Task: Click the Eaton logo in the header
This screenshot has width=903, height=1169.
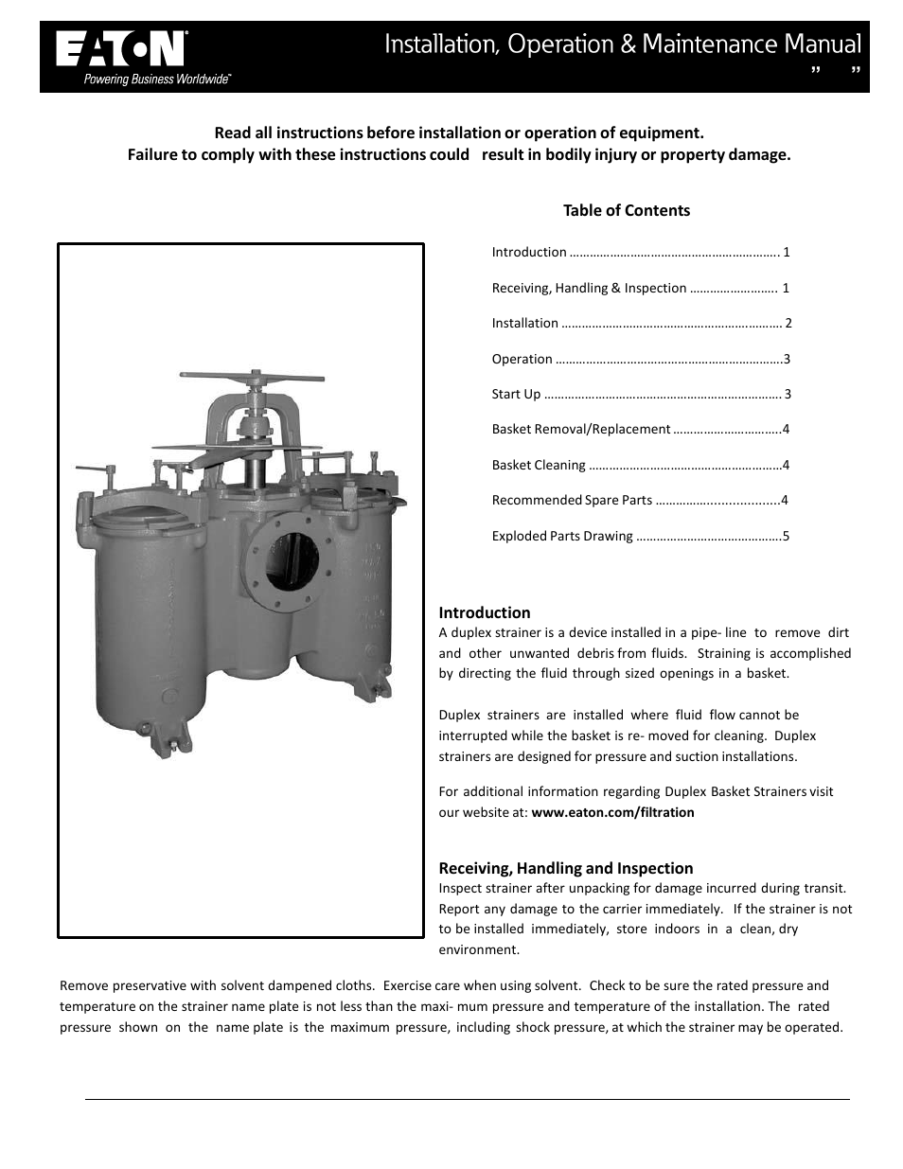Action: tap(120, 49)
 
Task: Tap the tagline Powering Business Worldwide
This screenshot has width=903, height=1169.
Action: tap(157, 80)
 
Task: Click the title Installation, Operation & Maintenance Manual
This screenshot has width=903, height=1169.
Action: tap(622, 44)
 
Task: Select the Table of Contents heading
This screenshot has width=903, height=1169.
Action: tap(626, 210)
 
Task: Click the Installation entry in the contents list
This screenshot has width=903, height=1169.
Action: tap(524, 323)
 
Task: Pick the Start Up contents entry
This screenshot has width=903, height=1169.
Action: tap(516, 394)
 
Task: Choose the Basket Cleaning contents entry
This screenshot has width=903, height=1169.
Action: tap(539, 465)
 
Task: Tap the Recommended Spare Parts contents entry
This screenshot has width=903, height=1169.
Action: tap(572, 500)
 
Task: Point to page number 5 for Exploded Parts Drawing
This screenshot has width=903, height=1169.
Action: tap(785, 536)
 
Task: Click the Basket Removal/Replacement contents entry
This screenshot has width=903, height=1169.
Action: tap(580, 429)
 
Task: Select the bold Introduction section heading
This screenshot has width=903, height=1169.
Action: tap(484, 612)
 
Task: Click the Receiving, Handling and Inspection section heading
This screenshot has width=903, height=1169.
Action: tap(565, 868)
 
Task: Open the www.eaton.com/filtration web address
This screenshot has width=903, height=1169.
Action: tap(612, 812)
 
